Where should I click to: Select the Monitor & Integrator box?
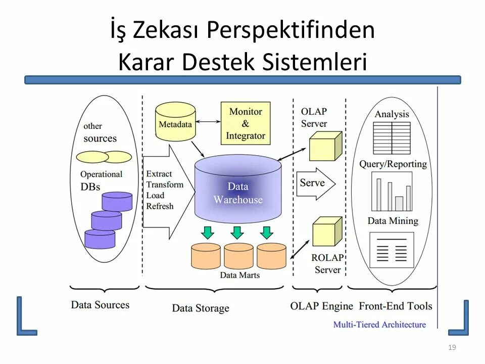(x=246, y=123)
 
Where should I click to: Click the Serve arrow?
(x=315, y=183)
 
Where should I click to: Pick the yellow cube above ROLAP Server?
(x=327, y=232)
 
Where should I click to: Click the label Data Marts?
(x=240, y=275)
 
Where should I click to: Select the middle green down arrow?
(x=237, y=233)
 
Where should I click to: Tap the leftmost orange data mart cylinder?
(x=206, y=256)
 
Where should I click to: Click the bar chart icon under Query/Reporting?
(x=392, y=192)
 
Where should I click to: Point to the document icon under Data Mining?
(x=392, y=250)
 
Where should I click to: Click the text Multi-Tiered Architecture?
(x=379, y=325)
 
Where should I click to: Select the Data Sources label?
(x=100, y=305)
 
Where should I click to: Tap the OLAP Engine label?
(x=321, y=306)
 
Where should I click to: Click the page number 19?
(x=452, y=347)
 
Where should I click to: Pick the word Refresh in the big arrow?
(x=160, y=206)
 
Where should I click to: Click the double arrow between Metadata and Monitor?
(x=208, y=122)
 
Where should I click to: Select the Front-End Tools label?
(x=396, y=306)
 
